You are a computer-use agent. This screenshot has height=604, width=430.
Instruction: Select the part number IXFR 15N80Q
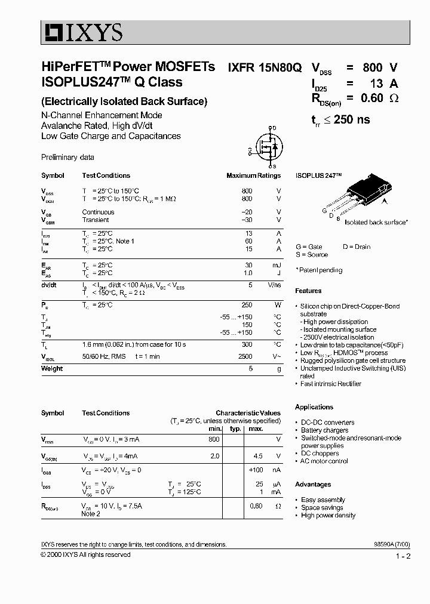263,67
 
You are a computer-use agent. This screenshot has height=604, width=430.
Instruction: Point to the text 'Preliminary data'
67,158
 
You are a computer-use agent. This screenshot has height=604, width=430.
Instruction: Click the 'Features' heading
308,291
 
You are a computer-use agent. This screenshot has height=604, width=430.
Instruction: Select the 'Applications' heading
314,407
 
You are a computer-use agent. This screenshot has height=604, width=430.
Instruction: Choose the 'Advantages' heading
313,485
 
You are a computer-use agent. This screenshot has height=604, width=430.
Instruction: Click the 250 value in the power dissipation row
246,305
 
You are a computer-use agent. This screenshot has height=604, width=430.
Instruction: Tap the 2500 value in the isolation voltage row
245,356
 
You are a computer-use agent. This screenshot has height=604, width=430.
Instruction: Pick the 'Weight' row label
52,369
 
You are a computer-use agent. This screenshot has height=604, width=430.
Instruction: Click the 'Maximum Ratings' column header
253,175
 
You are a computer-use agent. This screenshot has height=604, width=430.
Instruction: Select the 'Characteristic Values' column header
248,413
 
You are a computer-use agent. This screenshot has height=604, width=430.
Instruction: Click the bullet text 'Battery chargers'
325,430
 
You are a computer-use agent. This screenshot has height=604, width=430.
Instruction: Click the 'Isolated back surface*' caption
376,222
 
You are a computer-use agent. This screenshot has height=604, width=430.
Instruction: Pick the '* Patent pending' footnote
319,270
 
